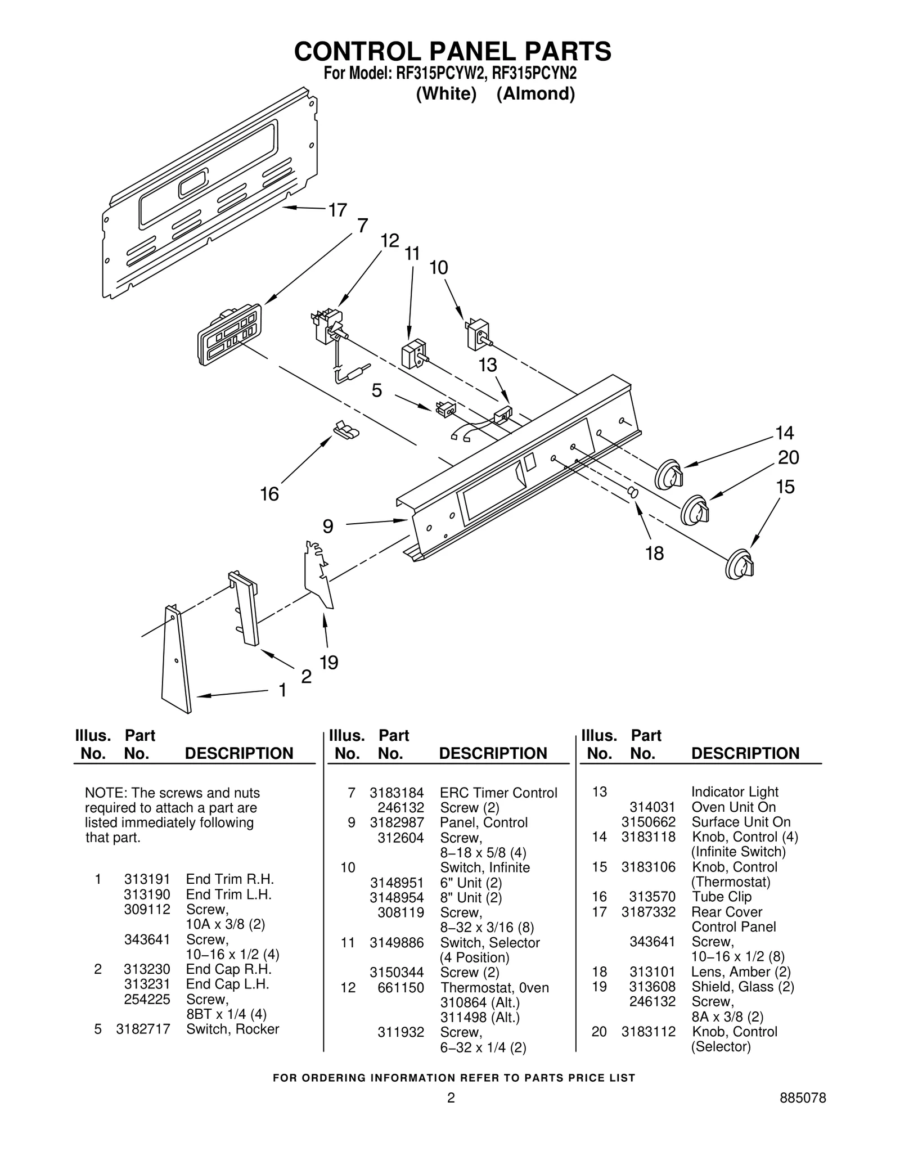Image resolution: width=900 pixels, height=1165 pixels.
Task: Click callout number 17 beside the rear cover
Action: (x=337, y=210)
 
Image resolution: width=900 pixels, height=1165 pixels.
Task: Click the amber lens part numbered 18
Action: (x=633, y=492)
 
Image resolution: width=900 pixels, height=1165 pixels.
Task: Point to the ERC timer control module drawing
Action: (x=229, y=335)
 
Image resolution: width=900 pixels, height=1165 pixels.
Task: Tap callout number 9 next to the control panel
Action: (x=328, y=527)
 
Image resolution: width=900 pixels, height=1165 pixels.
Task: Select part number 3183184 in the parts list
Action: (x=396, y=793)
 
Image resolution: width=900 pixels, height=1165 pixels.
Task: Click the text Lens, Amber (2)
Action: (x=741, y=971)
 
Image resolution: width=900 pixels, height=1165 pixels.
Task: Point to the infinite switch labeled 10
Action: (x=478, y=335)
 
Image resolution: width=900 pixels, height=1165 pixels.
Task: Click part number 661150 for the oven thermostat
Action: (x=400, y=988)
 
